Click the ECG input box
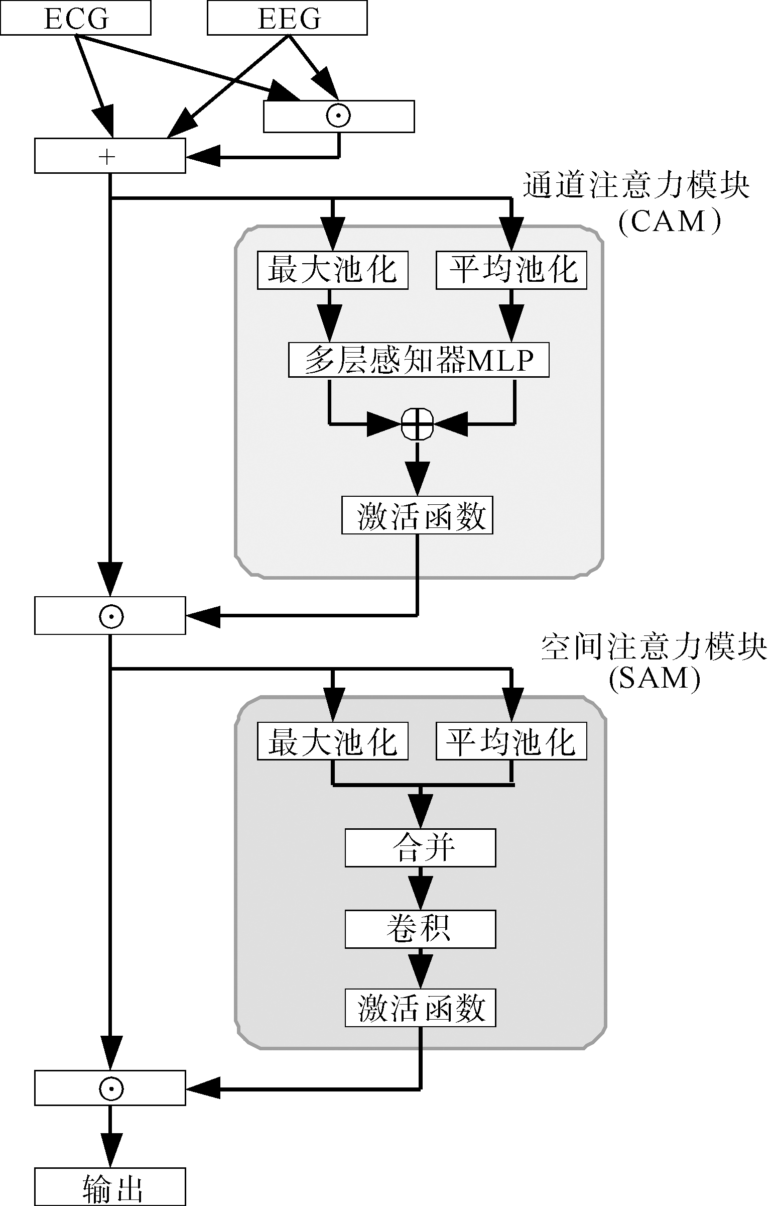coord(76,18)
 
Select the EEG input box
coord(287,18)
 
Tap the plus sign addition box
coord(109,157)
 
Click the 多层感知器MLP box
coord(418,360)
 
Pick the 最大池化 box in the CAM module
coord(332,270)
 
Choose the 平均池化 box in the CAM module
coord(511,270)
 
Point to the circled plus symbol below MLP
coord(417,423)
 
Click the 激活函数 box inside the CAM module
coord(417,515)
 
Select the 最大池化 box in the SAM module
coord(332,741)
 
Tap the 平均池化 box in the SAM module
coord(511,741)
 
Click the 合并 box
coord(420,848)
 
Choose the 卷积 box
coord(420,929)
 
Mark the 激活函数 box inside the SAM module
coord(420,1008)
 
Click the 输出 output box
coord(109,1187)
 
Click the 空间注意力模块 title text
coord(654,647)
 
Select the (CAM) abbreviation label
coord(669,222)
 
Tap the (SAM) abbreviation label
coord(655,678)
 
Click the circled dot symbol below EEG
coord(338,116)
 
